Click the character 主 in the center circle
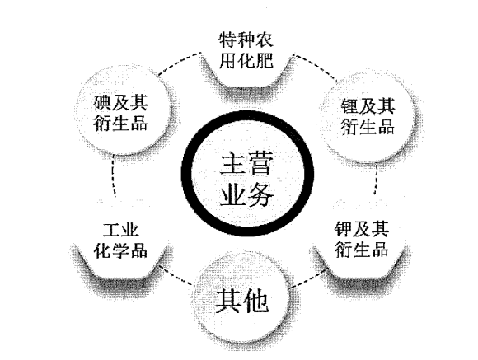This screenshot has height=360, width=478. pyautogui.click(x=232, y=164)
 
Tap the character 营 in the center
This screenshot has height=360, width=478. pyautogui.click(x=259, y=164)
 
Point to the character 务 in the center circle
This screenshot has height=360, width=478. pyautogui.click(x=259, y=194)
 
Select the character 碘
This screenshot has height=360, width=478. pyautogui.click(x=102, y=102)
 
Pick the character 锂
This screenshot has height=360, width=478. pyautogui.click(x=349, y=106)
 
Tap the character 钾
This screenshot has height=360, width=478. pyautogui.click(x=344, y=229)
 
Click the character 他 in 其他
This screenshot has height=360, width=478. pyautogui.click(x=255, y=302)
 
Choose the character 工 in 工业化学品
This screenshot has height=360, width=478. pyautogui.click(x=111, y=230)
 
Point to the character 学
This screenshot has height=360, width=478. pyautogui.click(x=120, y=250)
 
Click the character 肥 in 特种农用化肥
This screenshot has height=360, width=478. pyautogui.click(x=265, y=60)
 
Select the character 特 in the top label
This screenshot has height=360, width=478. pyautogui.click(x=228, y=40)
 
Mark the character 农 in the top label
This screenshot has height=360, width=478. pyautogui.click(x=265, y=40)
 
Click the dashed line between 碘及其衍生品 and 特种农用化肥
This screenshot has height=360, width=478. pyautogui.click(x=180, y=63)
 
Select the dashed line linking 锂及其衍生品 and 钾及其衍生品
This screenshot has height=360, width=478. pyautogui.click(x=376, y=180)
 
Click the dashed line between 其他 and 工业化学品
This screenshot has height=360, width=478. pyautogui.click(x=177, y=275)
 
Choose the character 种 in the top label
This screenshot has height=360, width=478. pyautogui.click(x=246, y=40)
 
